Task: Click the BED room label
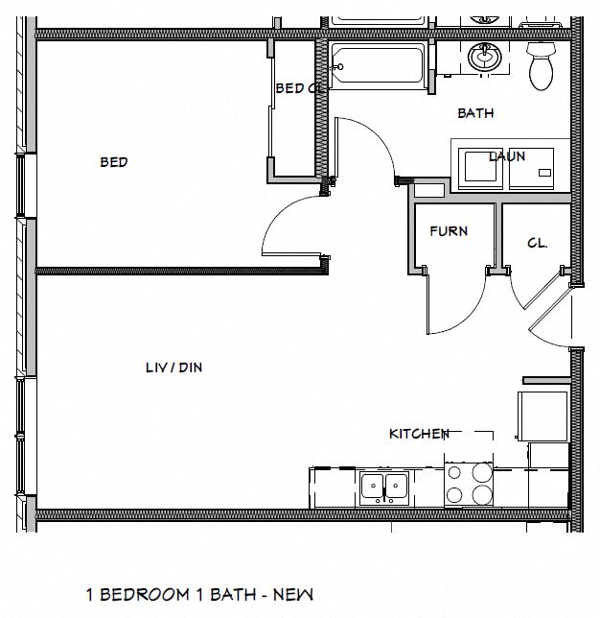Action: pyautogui.click(x=113, y=162)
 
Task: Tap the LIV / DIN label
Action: pyautogui.click(x=173, y=367)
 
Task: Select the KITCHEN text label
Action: pyautogui.click(x=419, y=434)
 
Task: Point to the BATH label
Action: pyautogui.click(x=475, y=113)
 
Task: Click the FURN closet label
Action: pyautogui.click(x=449, y=231)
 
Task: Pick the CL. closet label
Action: pyautogui.click(x=537, y=244)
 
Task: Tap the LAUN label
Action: pyautogui.click(x=507, y=156)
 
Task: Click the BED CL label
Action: pyautogui.click(x=296, y=88)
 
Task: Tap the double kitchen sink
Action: pyautogui.click(x=385, y=488)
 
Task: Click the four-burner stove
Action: pyautogui.click(x=469, y=484)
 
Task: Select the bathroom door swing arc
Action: pyautogui.click(x=369, y=144)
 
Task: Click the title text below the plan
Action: pyautogui.click(x=200, y=595)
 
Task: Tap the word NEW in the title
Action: pyautogui.click(x=295, y=595)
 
